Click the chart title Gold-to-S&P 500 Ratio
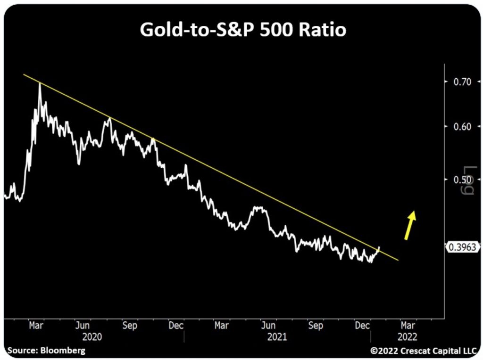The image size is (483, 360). tap(243, 30)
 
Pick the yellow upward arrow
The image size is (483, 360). tap(410, 225)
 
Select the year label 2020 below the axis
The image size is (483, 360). tap(92, 337)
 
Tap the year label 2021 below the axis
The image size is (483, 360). tap(276, 337)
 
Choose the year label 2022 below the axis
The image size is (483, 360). tap(407, 337)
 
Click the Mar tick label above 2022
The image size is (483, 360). tap(408, 326)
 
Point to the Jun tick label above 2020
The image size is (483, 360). tap(83, 326)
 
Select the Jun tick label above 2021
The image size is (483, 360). tap(268, 326)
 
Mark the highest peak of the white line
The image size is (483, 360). tap(40, 84)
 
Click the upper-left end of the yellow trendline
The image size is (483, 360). tap(24, 74)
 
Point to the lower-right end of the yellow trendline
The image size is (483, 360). tap(399, 260)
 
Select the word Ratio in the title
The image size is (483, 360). tap(325, 30)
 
